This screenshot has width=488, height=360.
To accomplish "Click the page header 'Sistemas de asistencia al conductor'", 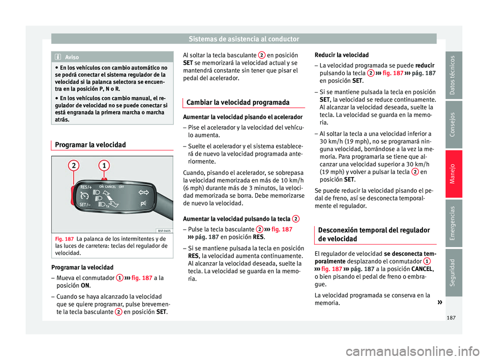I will coord(243,38).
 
